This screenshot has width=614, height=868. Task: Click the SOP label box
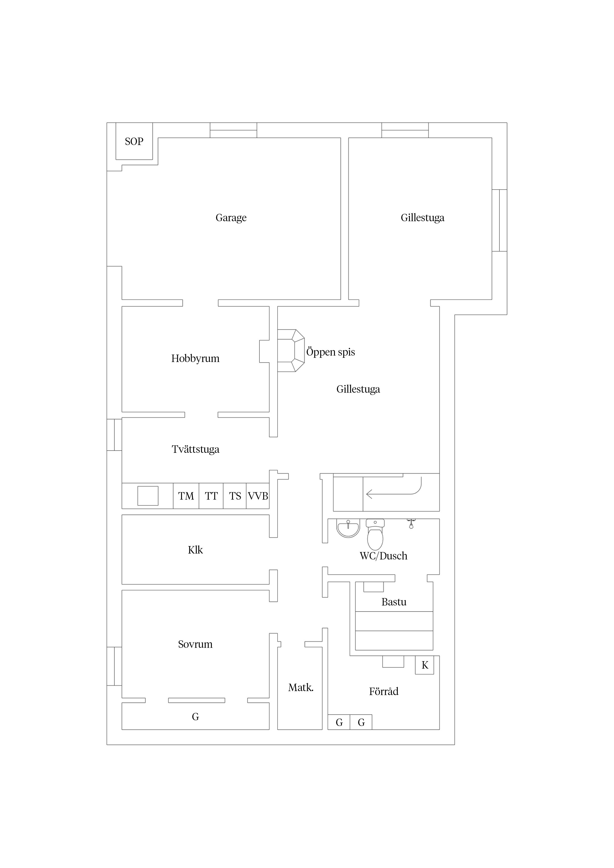[134, 141]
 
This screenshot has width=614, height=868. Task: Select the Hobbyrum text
[195, 358]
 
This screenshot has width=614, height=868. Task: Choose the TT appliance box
[211, 496]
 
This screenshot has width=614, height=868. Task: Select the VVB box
[258, 496]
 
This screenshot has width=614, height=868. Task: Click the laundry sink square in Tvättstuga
[148, 496]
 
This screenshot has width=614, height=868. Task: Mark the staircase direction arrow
[393, 491]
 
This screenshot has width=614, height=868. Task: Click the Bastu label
[394, 602]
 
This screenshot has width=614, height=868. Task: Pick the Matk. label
[301, 688]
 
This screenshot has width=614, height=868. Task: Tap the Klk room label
[195, 550]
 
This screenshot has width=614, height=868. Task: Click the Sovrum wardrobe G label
[195, 717]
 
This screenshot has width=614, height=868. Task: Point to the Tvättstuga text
[195, 450]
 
